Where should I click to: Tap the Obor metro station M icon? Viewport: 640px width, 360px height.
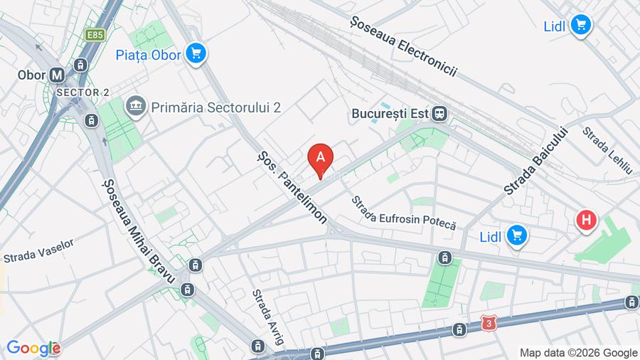[x=58, y=74]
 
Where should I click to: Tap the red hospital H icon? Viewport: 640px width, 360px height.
[x=586, y=221]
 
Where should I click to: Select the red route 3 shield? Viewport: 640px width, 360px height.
[x=488, y=323]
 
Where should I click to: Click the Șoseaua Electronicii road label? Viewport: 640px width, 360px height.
[x=402, y=46]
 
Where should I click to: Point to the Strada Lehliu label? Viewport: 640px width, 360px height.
[x=607, y=151]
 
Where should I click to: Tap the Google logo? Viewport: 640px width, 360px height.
[x=33, y=348]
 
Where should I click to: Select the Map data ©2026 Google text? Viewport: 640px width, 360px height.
[x=578, y=352]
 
